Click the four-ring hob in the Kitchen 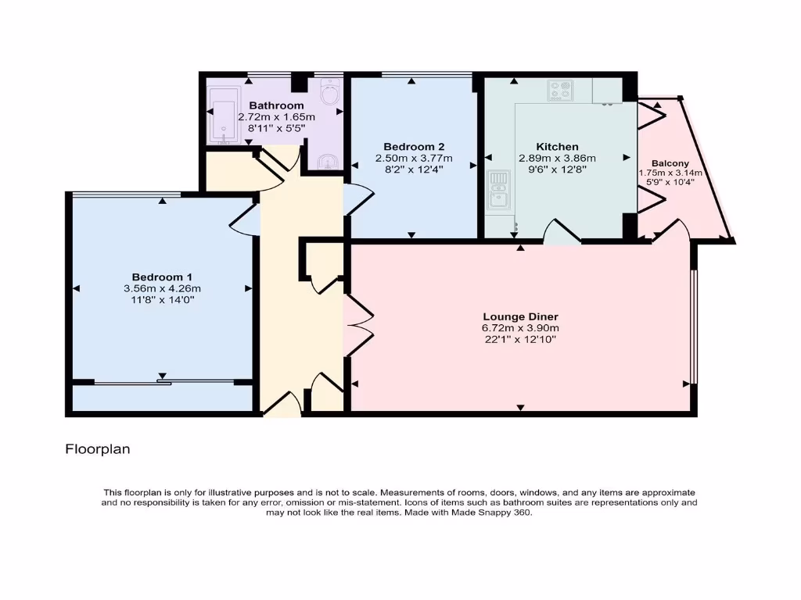coord(559,91)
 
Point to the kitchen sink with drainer coord(497,191)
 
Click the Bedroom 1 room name coord(162,277)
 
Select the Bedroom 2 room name coord(414,147)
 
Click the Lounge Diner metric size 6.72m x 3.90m coord(520,328)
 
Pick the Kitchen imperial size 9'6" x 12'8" coord(557,169)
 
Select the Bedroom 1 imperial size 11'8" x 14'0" coord(162,299)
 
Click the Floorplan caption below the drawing coord(97,449)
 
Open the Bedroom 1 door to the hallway coord(245,220)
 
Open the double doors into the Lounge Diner coord(357,316)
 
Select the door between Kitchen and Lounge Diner coord(562,232)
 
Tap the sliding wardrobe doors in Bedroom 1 coord(163,382)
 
